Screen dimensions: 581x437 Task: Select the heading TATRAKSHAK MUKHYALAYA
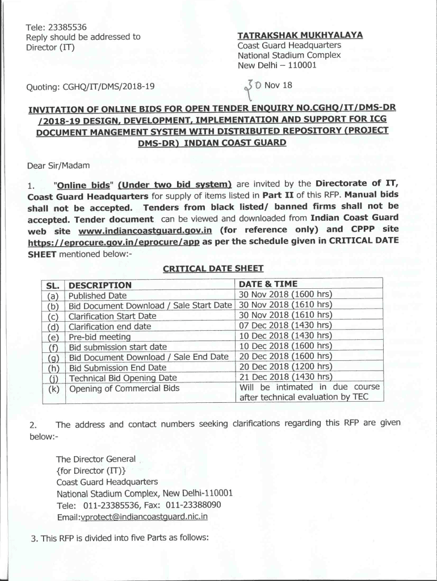pos(300,35)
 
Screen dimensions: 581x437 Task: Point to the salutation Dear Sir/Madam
pos(57,166)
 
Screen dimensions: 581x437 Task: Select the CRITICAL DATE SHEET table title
pos(213,268)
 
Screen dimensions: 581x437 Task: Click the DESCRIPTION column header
pos(100,285)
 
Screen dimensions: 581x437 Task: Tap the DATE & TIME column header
pos(268,284)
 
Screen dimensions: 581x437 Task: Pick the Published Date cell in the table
pos(98,296)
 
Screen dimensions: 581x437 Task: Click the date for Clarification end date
pos(285,326)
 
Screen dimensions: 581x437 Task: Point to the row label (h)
pos(54,368)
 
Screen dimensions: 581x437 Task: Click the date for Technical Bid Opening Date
pos(285,377)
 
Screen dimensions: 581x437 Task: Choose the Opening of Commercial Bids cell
pos(124,388)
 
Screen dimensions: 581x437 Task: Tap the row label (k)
pos(54,389)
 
